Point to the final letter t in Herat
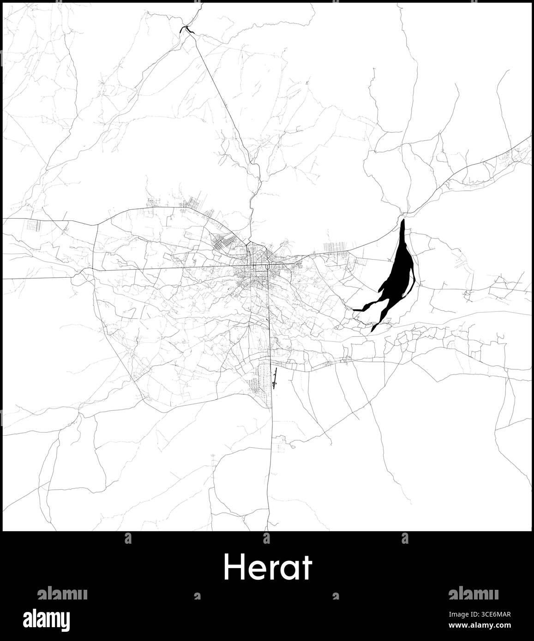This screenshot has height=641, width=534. [x=307, y=568]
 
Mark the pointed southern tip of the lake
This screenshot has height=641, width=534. [x=372, y=331]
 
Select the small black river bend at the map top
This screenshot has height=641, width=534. [x=187, y=30]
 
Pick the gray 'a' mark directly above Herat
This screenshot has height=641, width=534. [x=266, y=538]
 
